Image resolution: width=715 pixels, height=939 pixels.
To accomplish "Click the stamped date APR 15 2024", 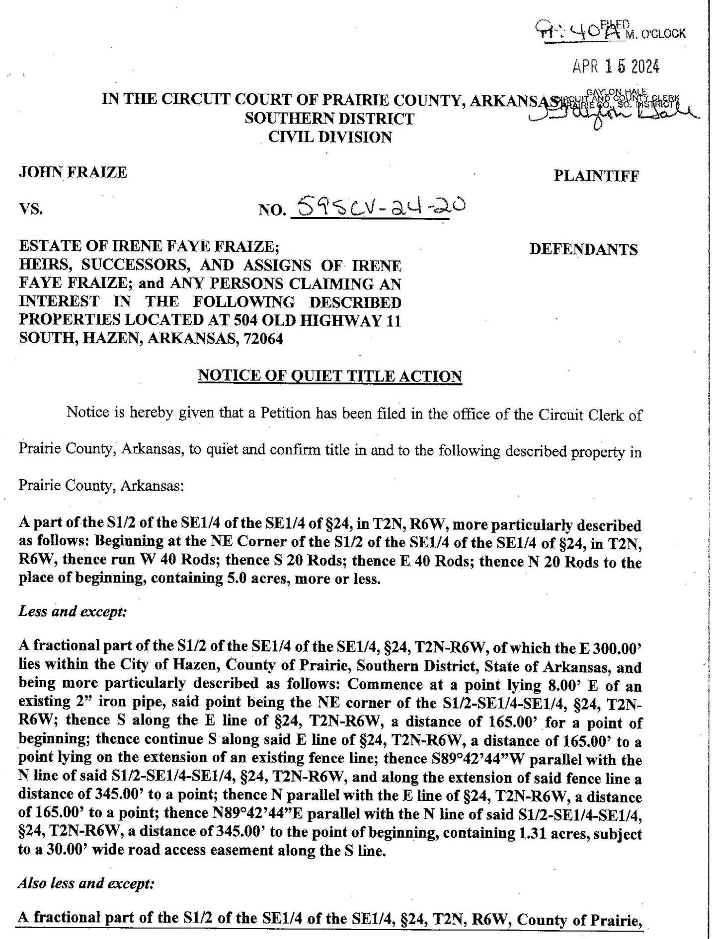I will [x=616, y=66].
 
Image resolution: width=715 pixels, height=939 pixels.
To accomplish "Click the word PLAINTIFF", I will [x=596, y=175].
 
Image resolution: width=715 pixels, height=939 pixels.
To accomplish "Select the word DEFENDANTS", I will [x=583, y=249].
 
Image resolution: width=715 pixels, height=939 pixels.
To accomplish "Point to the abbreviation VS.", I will [x=30, y=210].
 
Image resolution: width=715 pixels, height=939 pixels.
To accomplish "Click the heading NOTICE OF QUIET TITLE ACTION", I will [x=330, y=376].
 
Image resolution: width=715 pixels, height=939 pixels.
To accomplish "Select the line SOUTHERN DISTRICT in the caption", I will [x=329, y=118].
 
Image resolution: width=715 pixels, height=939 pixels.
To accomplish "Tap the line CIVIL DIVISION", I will [x=330, y=137].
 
